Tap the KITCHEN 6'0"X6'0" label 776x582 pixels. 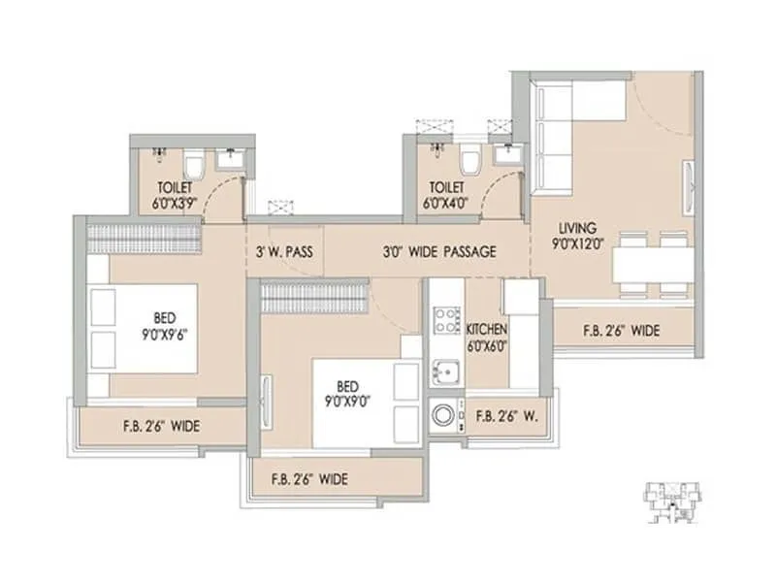pos(488,337)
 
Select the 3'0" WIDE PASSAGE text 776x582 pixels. pos(438,251)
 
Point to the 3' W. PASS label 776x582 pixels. pos(283,251)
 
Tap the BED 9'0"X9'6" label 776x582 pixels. pos(162,324)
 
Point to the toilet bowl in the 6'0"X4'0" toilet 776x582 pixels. pos(470,159)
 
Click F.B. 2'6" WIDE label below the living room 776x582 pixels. pos(621,331)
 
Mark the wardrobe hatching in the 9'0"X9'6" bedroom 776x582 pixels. pos(144,237)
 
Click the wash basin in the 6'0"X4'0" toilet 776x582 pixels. pos(504,155)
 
